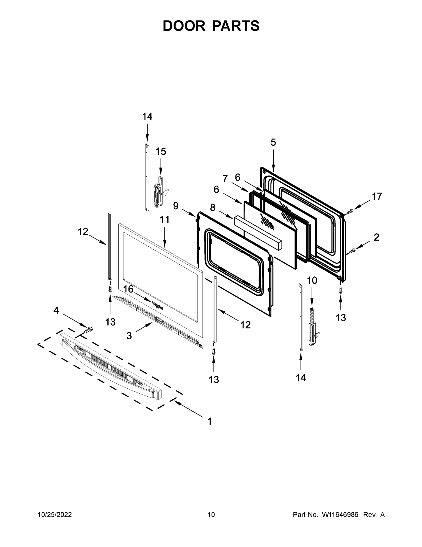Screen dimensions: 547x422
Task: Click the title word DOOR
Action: click(x=184, y=26)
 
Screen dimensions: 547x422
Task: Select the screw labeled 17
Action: click(x=350, y=212)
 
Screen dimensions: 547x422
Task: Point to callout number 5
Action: click(x=273, y=142)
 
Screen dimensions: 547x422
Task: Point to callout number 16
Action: click(x=128, y=289)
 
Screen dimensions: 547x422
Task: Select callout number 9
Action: click(x=176, y=206)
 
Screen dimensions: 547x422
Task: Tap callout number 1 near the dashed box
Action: click(x=210, y=421)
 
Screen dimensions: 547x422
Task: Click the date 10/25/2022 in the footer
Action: click(x=55, y=514)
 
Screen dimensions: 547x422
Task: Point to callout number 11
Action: click(x=164, y=219)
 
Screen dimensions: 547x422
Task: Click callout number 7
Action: click(x=225, y=179)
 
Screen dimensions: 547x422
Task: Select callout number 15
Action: click(x=161, y=152)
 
